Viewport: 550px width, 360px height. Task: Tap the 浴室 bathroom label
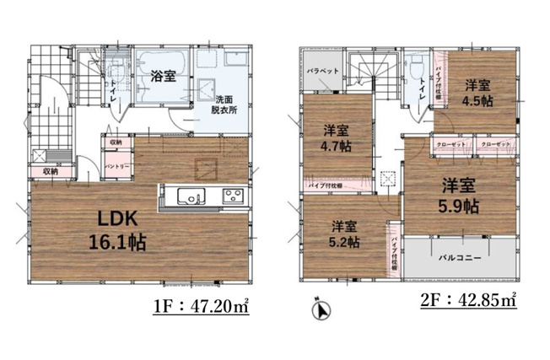162,76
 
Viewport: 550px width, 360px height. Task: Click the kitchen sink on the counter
189,197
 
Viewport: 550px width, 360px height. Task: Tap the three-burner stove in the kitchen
232,197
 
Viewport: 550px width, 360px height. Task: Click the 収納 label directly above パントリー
116,142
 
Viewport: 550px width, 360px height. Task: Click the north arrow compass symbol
321,310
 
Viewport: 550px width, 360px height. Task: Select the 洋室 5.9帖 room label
458,195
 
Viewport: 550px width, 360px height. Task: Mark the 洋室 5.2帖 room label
344,234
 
